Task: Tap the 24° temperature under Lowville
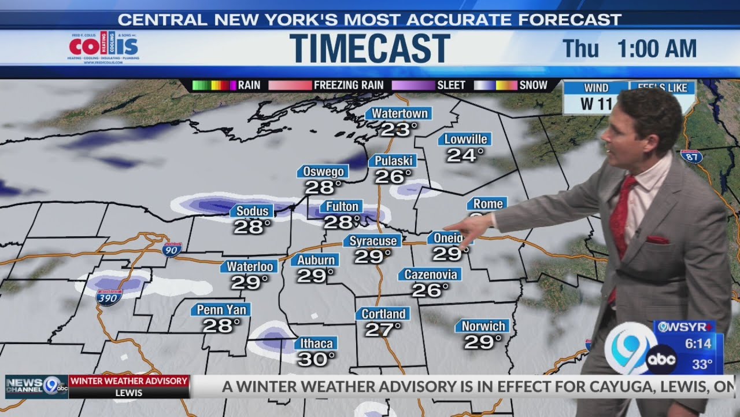[465, 155]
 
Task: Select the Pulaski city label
[393, 160]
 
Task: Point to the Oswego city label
[324, 171]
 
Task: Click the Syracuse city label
[373, 241]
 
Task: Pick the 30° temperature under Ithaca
[316, 359]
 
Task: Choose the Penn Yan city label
[221, 310]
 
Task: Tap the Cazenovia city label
[431, 275]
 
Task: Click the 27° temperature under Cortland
[383, 330]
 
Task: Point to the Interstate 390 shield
[109, 298]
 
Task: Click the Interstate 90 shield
[172, 250]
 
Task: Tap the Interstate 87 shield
[691, 156]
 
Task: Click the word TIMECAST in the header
[370, 48]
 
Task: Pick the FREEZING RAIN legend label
[348, 85]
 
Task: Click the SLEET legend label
[451, 85]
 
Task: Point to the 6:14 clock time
[698, 343]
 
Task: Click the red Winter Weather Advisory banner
[129, 381]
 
